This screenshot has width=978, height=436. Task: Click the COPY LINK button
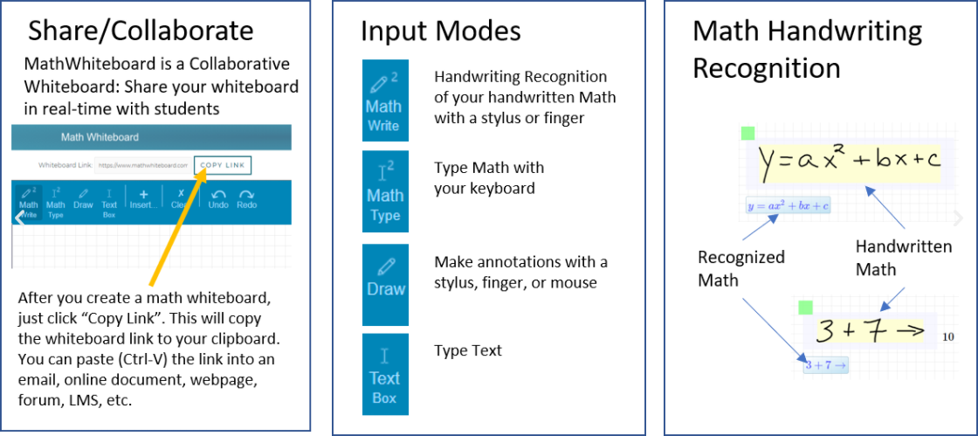222,164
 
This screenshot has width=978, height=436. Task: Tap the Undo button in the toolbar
218,199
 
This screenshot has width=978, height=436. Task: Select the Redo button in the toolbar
246,199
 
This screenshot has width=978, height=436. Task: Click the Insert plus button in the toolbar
143,199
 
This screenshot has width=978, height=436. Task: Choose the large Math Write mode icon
384,100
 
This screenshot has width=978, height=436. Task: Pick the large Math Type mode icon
384,191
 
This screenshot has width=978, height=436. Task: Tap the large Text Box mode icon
384,374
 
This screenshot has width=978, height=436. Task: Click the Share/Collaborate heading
141,31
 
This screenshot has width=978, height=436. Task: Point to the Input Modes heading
441,31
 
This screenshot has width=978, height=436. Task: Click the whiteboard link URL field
141,164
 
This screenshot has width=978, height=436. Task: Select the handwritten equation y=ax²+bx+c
849,162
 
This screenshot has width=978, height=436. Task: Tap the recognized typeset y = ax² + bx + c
788,206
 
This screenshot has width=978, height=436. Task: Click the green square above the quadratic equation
747,133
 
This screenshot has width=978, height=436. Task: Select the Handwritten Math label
903,258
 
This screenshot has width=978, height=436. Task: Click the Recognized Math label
740,268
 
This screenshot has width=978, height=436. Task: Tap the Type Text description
468,350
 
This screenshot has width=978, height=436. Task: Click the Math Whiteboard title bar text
100,137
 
